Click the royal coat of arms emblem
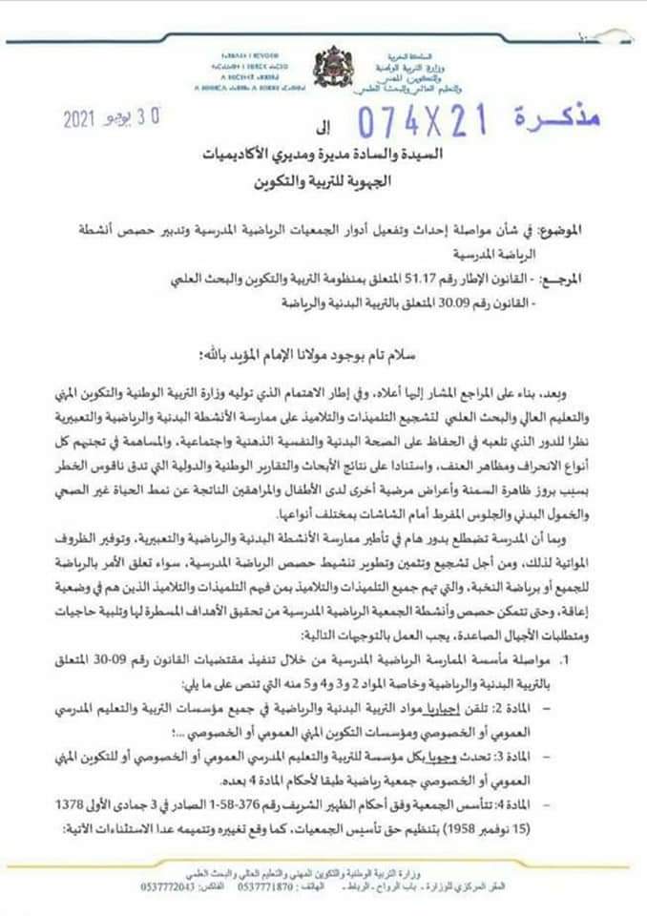(335, 70)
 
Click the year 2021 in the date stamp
(88, 121)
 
